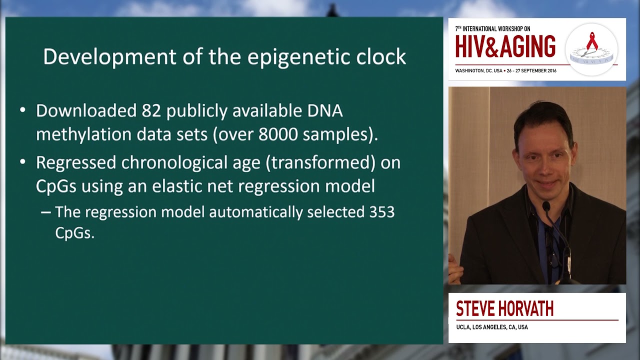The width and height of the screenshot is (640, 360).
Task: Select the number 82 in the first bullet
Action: click(151, 111)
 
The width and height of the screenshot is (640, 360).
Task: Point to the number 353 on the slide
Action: click(382, 212)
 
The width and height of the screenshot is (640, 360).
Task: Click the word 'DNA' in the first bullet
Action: click(325, 111)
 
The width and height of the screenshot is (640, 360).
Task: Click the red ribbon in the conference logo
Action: click(592, 41)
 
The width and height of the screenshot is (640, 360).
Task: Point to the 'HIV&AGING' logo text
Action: click(505, 47)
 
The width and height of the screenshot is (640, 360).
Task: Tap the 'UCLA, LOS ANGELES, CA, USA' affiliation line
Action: click(491, 327)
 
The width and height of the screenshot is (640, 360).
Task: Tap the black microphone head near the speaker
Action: click(546, 205)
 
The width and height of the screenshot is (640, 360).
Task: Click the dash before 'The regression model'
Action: click(45, 212)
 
